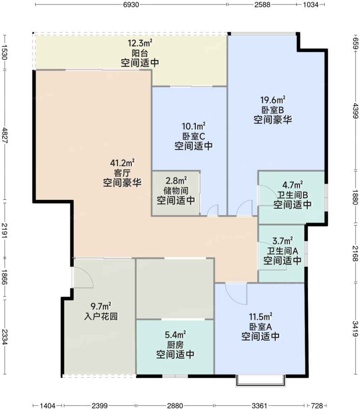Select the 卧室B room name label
(x=273, y=110)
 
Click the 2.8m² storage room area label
(x=176, y=180)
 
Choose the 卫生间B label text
(x=292, y=194)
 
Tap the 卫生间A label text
(x=283, y=250)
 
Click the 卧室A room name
(x=261, y=327)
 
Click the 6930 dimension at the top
(x=131, y=5)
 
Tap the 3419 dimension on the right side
(x=355, y=329)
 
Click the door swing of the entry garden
(x=83, y=278)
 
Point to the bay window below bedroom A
(x=261, y=381)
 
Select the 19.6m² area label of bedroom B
(x=273, y=100)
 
